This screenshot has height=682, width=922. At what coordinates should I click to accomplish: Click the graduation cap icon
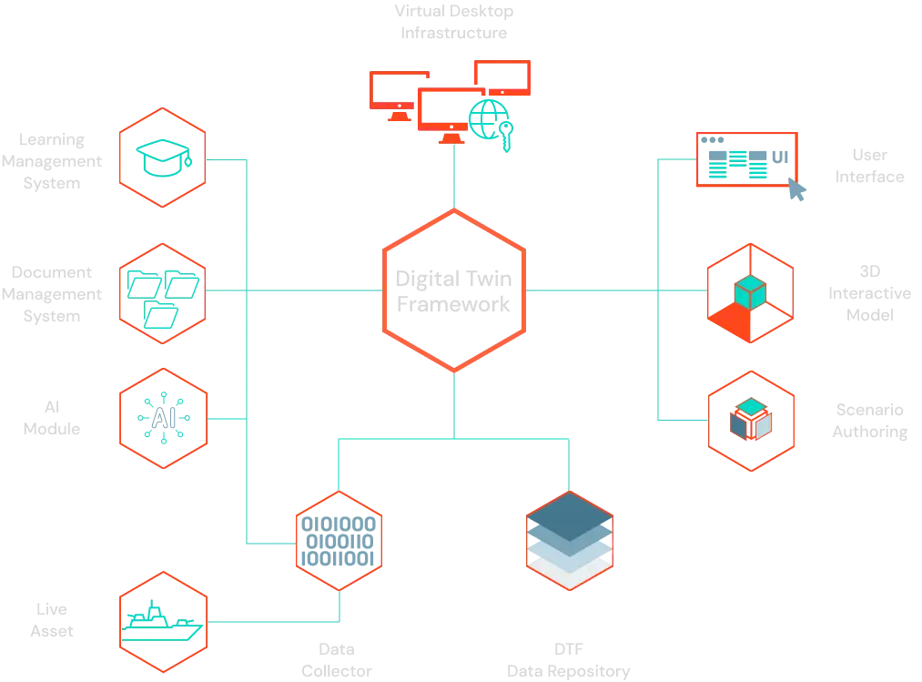(x=164, y=158)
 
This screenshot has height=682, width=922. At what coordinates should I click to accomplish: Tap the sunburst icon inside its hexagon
(x=164, y=418)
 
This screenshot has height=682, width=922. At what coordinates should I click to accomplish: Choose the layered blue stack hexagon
(x=569, y=541)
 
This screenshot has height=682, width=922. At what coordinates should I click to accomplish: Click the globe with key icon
(x=490, y=118)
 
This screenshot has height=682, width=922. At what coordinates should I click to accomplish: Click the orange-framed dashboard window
(x=746, y=161)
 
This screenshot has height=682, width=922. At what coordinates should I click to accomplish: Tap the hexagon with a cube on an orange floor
(x=750, y=293)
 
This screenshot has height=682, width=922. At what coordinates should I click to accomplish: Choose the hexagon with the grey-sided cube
(x=752, y=420)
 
